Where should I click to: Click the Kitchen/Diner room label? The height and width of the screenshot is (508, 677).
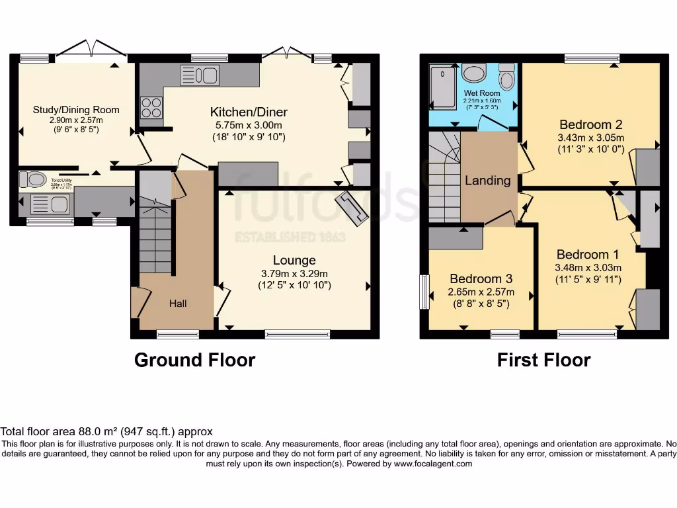pyautogui.click(x=249, y=112)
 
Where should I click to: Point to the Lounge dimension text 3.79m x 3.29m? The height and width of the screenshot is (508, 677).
pyautogui.click(x=294, y=273)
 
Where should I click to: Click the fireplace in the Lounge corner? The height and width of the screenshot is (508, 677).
pyautogui.click(x=352, y=208)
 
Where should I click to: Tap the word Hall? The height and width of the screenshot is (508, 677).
pyautogui.click(x=178, y=304)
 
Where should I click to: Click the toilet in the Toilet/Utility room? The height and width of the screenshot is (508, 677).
pyautogui.click(x=32, y=179)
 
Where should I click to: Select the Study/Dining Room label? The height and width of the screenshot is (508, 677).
pyautogui.click(x=76, y=110)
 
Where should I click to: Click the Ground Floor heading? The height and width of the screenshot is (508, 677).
pyautogui.click(x=194, y=360)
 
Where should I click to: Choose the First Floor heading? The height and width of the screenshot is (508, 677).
pyautogui.click(x=543, y=360)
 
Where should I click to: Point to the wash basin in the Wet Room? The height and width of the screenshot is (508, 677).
pyautogui.click(x=473, y=73)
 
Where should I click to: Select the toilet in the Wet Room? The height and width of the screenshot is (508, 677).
pyautogui.click(x=507, y=77)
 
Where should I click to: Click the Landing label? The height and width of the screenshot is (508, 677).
pyautogui.click(x=488, y=181)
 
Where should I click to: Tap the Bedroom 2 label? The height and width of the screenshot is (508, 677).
pyautogui.click(x=591, y=124)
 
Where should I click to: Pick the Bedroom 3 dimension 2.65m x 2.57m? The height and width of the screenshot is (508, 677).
pyautogui.click(x=481, y=292)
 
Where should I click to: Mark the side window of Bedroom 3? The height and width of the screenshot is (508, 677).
pyautogui.click(x=425, y=292)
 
